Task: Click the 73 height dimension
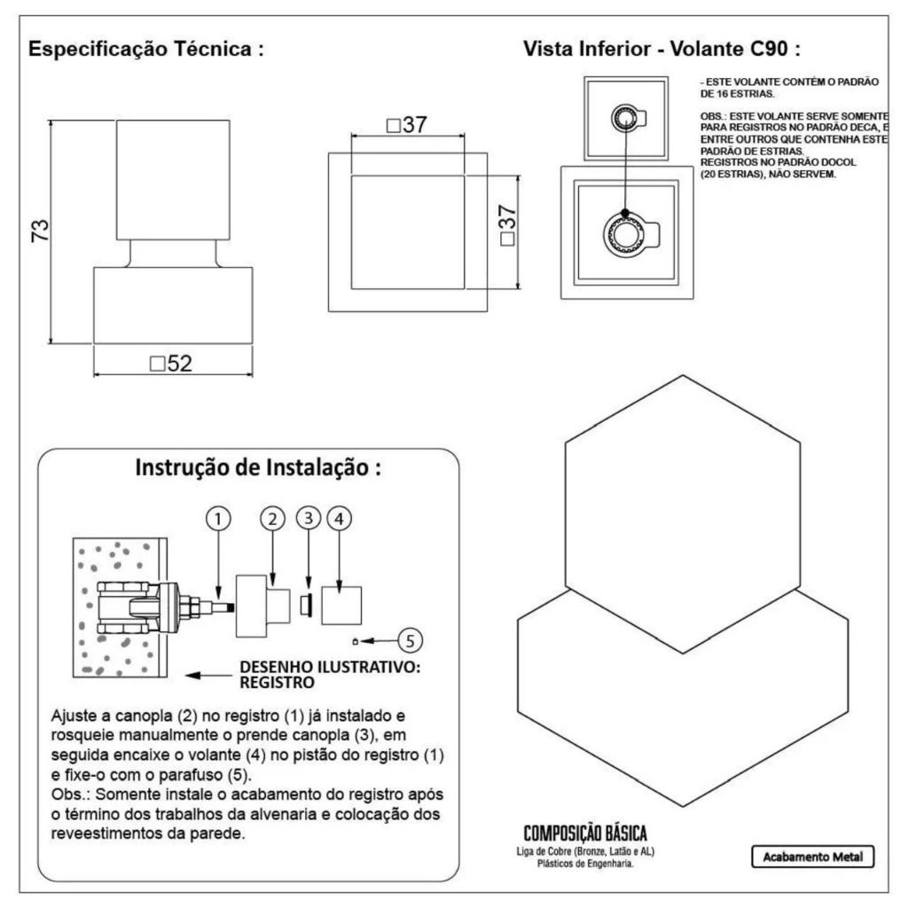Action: pos(41,231)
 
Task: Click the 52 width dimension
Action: pos(171,364)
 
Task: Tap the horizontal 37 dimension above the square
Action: pos(407,124)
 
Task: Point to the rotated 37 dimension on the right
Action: pos(506,224)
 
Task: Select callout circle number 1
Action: pos(218,519)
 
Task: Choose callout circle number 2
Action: pos(273,519)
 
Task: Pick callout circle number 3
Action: pos(309,518)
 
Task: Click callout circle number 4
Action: pos(340,519)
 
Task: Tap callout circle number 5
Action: pos(410,640)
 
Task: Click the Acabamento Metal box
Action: pos(812,857)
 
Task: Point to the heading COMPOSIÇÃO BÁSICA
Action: pos(585,834)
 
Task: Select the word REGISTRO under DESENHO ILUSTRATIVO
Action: pos(278,683)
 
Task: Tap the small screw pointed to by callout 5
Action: pos(355,641)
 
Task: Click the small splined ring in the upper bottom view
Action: pos(624,118)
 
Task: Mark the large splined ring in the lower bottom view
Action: pos(624,235)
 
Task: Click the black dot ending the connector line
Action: pos(625,213)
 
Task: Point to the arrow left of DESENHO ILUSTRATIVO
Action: pos(208,675)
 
